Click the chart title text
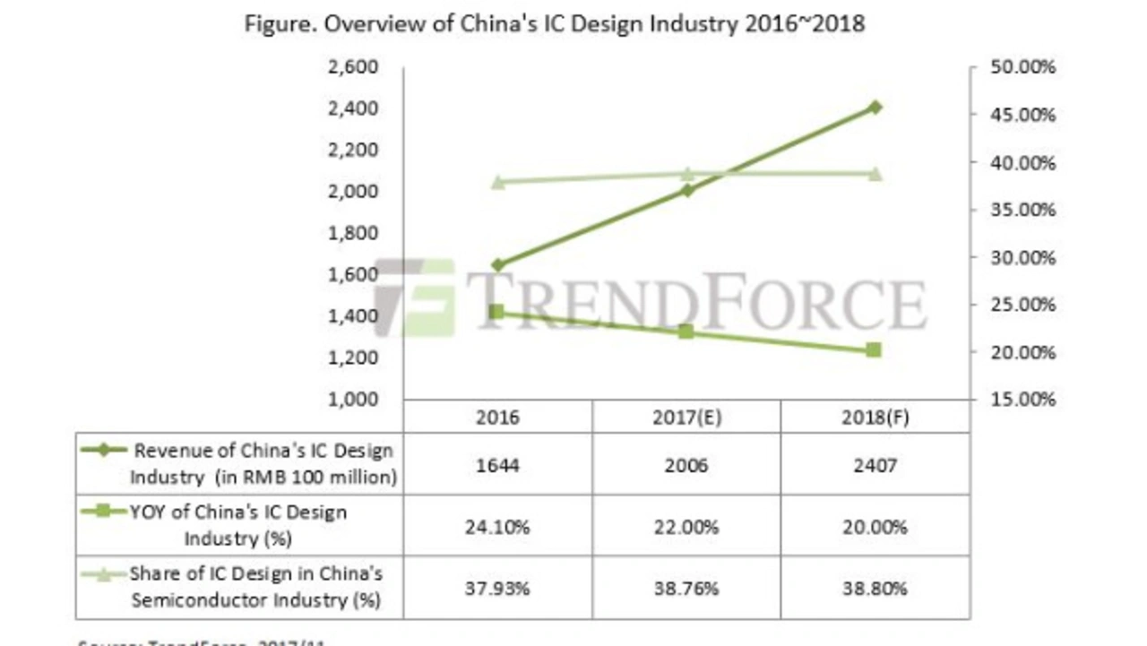(x=555, y=24)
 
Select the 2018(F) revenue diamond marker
(x=875, y=108)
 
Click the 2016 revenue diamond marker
(x=497, y=265)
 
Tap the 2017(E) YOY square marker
(x=686, y=332)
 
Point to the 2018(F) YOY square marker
(x=875, y=350)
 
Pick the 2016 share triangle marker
(x=497, y=182)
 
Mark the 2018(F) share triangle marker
(x=875, y=174)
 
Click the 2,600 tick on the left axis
(x=357, y=68)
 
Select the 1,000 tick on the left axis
(x=357, y=400)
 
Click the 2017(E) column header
(x=686, y=418)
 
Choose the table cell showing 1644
(x=497, y=464)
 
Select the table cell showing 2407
(x=875, y=464)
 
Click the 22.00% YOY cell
(x=686, y=526)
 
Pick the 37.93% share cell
(x=497, y=588)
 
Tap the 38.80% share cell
(x=875, y=588)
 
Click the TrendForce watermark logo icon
(x=414, y=298)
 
